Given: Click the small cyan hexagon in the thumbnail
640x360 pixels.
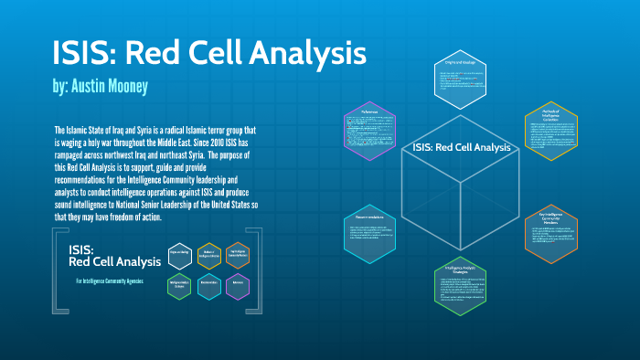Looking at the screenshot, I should point(209,285).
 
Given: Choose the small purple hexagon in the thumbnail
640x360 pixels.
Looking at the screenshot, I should point(241,285).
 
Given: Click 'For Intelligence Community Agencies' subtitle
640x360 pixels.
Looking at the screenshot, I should point(110,280).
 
